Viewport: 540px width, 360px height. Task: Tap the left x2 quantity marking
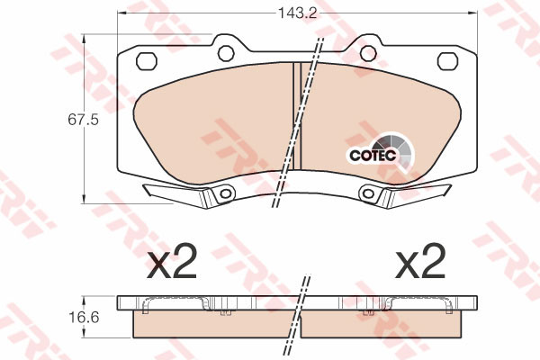coord(172,263)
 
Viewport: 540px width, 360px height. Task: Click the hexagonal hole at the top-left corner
coord(144,60)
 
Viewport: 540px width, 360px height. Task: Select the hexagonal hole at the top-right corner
coord(447,60)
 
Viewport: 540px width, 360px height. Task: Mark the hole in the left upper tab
coord(224,50)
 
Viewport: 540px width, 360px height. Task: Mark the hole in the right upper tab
coord(367,50)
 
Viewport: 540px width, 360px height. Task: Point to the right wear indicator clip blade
coord(418,192)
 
